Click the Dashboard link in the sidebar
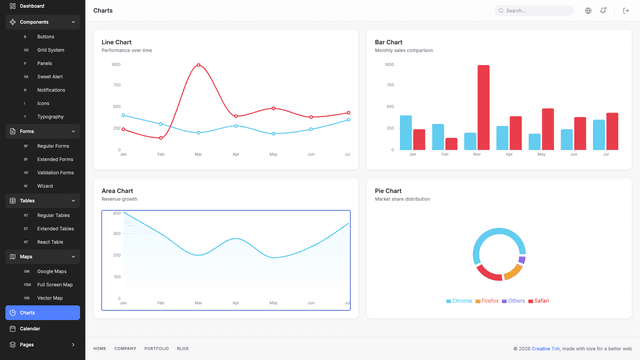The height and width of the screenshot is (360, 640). tap(31, 6)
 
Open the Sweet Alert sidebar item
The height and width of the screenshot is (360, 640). tap(50, 76)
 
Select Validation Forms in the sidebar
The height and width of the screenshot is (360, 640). tap(55, 172)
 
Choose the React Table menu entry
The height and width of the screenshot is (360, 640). tap(50, 241)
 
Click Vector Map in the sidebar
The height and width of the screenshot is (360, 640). tap(50, 297)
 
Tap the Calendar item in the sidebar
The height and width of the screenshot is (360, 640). tap(30, 328)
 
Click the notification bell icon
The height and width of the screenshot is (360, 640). tap(603, 11)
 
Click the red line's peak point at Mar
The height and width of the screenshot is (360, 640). tap(198, 65)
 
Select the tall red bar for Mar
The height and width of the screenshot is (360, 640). tap(483, 108)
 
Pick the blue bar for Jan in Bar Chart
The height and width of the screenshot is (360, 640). tap(406, 132)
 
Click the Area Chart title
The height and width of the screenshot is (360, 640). tap(117, 190)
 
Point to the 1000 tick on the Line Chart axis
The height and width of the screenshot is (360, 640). tap(116, 64)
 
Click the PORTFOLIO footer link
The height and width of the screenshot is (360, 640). tap(156, 348)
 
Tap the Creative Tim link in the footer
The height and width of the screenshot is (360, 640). tap(545, 349)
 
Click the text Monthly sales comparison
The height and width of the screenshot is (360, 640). tap(404, 50)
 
